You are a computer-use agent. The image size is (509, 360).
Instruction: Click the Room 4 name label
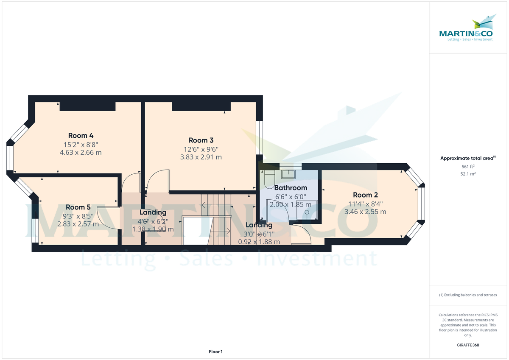[x=81, y=136]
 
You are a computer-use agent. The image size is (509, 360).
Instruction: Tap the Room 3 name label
[x=201, y=140]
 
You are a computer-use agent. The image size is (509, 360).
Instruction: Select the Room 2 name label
[x=365, y=195]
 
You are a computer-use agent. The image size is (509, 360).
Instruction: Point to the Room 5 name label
[x=78, y=207]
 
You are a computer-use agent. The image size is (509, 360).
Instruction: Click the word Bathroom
[x=291, y=188]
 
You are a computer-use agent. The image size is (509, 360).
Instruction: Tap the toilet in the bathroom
[x=268, y=179]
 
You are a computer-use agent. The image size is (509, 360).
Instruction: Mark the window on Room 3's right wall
[x=259, y=138]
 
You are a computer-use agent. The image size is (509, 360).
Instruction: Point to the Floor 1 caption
[x=215, y=352]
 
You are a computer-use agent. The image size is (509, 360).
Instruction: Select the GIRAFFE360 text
[x=468, y=345]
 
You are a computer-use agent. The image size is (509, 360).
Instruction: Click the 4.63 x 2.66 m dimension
[x=81, y=152]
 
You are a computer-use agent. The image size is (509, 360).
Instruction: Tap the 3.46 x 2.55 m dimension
[x=365, y=212]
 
